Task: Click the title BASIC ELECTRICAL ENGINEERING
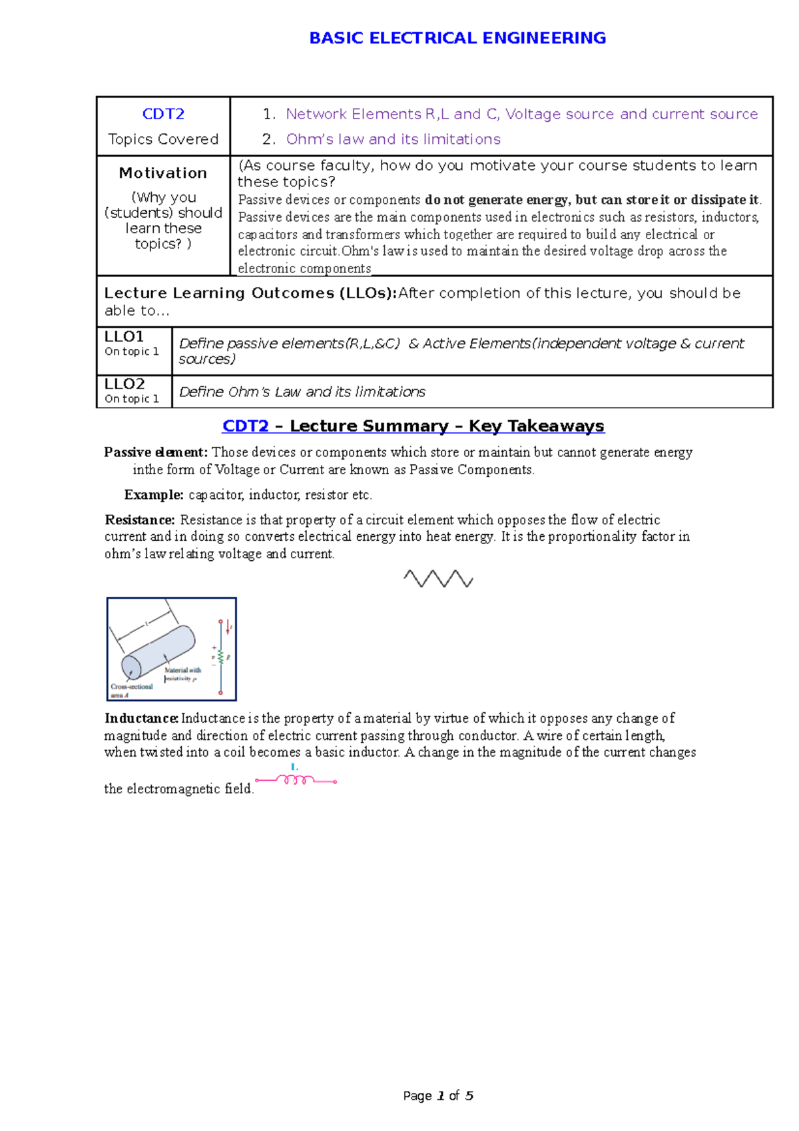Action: click(x=457, y=38)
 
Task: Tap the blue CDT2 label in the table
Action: click(x=163, y=114)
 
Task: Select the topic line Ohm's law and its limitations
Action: click(x=393, y=139)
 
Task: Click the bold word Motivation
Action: click(x=163, y=173)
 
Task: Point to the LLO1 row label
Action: click(x=124, y=336)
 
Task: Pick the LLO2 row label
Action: click(x=125, y=384)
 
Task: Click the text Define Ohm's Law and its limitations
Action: click(x=302, y=392)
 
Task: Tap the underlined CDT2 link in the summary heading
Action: click(x=245, y=426)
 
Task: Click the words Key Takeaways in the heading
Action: click(x=536, y=426)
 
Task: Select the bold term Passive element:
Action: click(x=156, y=452)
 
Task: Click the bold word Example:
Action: click(x=154, y=495)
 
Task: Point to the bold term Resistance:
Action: click(x=140, y=520)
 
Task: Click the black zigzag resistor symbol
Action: click(x=438, y=578)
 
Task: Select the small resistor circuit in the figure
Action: click(x=221, y=657)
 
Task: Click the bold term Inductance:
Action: click(x=141, y=718)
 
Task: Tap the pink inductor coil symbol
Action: click(x=296, y=780)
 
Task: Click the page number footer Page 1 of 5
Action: click(x=438, y=1096)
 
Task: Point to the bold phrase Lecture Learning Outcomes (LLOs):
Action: click(x=250, y=293)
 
